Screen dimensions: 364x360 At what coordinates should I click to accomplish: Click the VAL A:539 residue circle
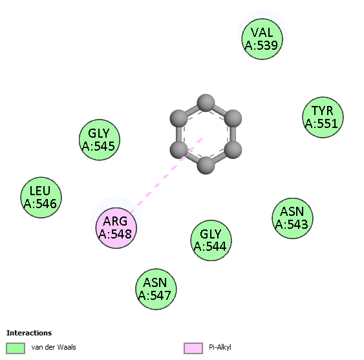pyautogui.click(x=262, y=39)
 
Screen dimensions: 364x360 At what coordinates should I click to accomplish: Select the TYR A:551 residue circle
pyautogui.click(x=323, y=117)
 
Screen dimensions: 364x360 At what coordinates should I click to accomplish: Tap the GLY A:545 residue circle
pyautogui.click(x=100, y=140)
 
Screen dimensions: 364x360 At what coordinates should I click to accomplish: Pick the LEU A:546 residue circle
pyautogui.click(x=41, y=198)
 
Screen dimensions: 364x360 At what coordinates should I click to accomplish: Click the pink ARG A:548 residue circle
pyautogui.click(x=116, y=228)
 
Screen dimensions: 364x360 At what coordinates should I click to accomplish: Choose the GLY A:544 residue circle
pyautogui.click(x=211, y=240)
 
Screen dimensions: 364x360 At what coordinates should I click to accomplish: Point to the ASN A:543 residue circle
pyautogui.click(x=292, y=218)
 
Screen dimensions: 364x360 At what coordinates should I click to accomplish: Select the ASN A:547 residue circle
pyautogui.click(x=156, y=289)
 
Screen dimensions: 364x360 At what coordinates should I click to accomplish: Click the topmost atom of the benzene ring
pyautogui.click(x=206, y=103)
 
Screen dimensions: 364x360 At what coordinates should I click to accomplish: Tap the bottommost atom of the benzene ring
pyautogui.click(x=206, y=165)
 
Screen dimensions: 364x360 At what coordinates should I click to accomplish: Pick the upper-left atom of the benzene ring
pyautogui.click(x=178, y=119)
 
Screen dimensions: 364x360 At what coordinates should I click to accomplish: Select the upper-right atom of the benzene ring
pyautogui.click(x=233, y=119)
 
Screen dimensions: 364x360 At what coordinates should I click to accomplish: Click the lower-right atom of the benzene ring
pyautogui.click(x=233, y=150)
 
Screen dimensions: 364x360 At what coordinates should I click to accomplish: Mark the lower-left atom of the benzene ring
pyautogui.click(x=178, y=150)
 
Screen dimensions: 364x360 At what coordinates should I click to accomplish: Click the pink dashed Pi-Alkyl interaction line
pyautogui.click(x=167, y=175)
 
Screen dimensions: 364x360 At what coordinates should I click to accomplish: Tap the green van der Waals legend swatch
pyautogui.click(x=16, y=348)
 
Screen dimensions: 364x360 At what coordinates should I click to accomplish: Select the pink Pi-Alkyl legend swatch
pyautogui.click(x=193, y=348)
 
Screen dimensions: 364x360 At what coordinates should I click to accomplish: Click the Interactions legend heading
pyautogui.click(x=29, y=333)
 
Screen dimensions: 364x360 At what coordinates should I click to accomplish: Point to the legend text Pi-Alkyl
pyautogui.click(x=220, y=347)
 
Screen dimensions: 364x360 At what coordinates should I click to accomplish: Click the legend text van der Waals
pyautogui.click(x=54, y=347)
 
